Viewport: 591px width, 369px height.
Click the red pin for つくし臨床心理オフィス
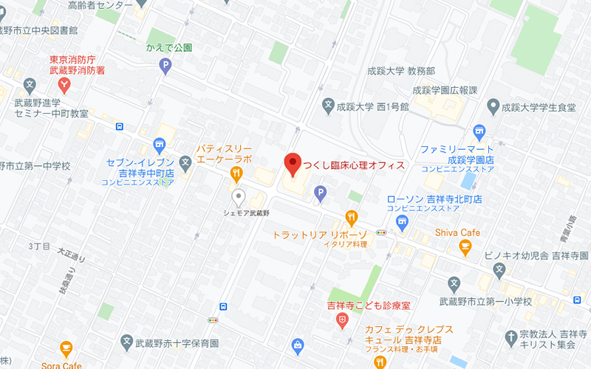point(293,164)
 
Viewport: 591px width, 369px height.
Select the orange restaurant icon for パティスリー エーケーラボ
point(236,175)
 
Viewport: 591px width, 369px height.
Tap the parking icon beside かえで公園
point(165,66)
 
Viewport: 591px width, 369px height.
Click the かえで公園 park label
point(168,48)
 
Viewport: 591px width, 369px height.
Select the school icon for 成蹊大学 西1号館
point(328,106)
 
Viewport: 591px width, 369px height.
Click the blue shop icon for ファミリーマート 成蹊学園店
point(478,131)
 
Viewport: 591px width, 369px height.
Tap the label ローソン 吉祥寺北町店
point(434,199)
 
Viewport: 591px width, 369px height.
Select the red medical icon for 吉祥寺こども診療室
point(341,321)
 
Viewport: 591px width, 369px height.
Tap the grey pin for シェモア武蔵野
point(238,196)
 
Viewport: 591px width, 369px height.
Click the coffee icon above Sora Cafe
point(66,348)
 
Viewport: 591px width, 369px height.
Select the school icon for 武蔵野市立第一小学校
point(454,284)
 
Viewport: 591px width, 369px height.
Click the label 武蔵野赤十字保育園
point(177,343)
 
